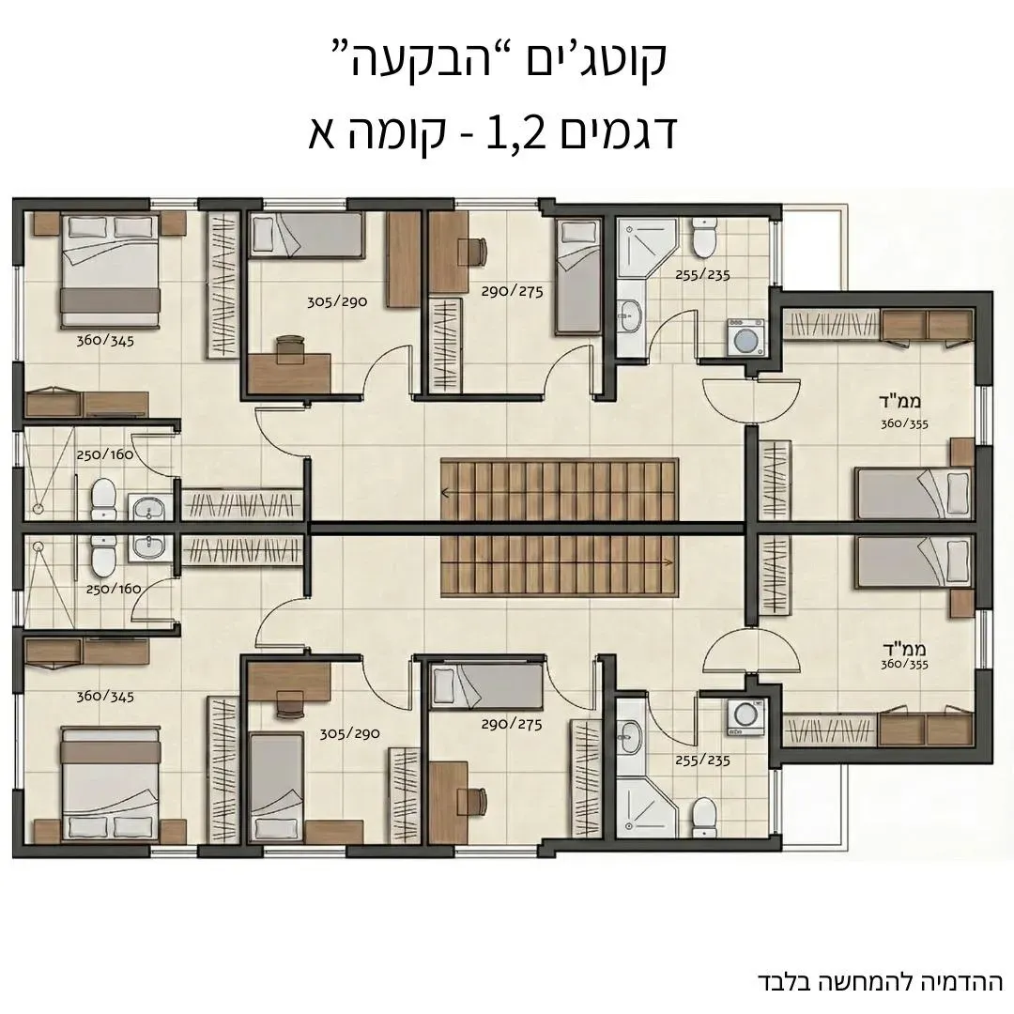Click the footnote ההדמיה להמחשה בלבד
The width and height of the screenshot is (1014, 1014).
pyautogui.click(x=880, y=981)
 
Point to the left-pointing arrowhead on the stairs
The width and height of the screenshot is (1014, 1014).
pyautogui.click(x=445, y=491)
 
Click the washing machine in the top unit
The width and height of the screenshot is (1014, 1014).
pyautogui.click(x=746, y=336)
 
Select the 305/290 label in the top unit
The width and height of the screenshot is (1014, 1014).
pyautogui.click(x=335, y=302)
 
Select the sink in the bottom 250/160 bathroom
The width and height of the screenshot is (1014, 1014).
pyautogui.click(x=146, y=546)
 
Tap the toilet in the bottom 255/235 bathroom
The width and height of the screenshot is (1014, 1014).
pyautogui.click(x=702, y=818)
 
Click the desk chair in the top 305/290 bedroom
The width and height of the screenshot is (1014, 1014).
pyautogui.click(x=289, y=348)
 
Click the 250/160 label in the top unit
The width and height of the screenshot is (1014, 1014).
pyautogui.click(x=105, y=454)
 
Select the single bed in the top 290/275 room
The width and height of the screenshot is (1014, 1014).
pyautogui.click(x=576, y=277)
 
